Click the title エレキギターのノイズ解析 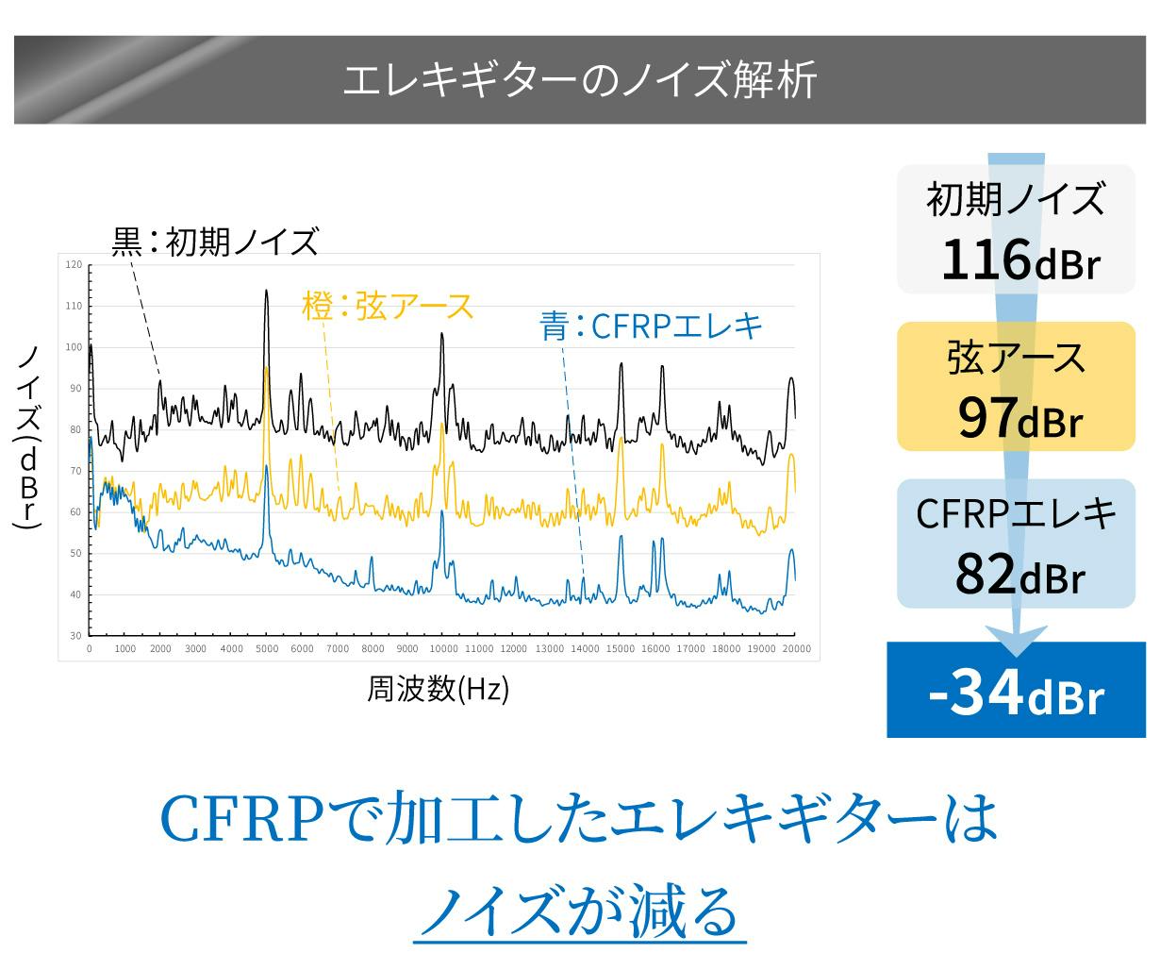[x=579, y=81]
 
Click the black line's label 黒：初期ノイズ [x=216, y=242]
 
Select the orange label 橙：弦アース [x=388, y=306]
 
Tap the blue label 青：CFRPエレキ [x=651, y=326]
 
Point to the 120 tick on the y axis [x=74, y=265]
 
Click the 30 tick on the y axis [x=75, y=636]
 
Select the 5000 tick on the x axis [x=267, y=649]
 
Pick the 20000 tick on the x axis [x=796, y=649]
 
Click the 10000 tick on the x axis [x=443, y=649]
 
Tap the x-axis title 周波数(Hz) [x=438, y=690]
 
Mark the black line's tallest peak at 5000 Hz [x=267, y=292]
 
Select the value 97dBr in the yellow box [x=1019, y=418]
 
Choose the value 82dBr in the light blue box [x=1019, y=573]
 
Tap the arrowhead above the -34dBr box [x=1016, y=640]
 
